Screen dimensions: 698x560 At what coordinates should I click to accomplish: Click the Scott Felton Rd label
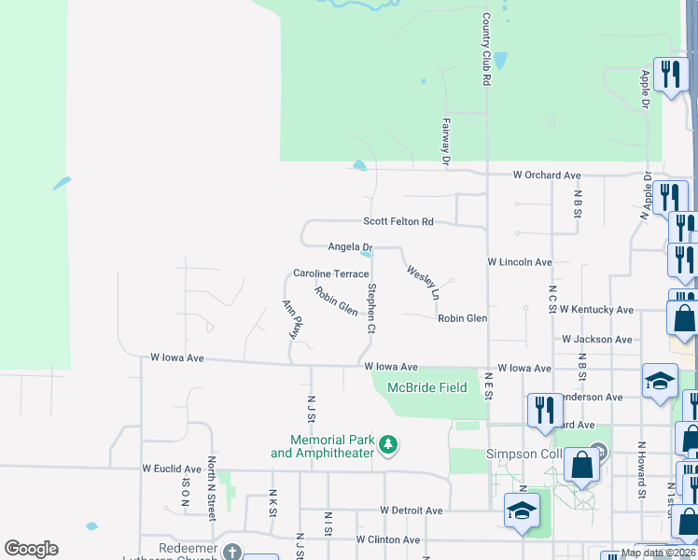pyautogui.click(x=398, y=222)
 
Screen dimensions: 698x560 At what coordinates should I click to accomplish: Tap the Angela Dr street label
pyautogui.click(x=350, y=246)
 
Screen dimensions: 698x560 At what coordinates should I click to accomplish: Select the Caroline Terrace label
pyautogui.click(x=331, y=273)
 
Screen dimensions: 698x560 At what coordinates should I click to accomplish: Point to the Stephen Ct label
pyautogui.click(x=371, y=308)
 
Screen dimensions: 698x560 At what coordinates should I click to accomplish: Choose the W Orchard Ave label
pyautogui.click(x=547, y=175)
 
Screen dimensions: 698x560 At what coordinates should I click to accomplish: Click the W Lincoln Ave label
pyautogui.click(x=520, y=263)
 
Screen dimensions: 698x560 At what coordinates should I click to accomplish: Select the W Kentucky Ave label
pyautogui.click(x=596, y=310)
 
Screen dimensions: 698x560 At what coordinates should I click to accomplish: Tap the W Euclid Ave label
pyautogui.click(x=172, y=469)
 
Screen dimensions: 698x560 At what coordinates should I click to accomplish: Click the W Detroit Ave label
pyautogui.click(x=412, y=511)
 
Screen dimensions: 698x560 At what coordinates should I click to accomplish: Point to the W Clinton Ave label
pyautogui.click(x=387, y=539)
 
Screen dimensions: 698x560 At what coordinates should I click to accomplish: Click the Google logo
pyautogui.click(x=31, y=549)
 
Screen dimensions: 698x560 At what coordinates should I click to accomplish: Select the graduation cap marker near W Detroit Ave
pyautogui.click(x=522, y=511)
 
